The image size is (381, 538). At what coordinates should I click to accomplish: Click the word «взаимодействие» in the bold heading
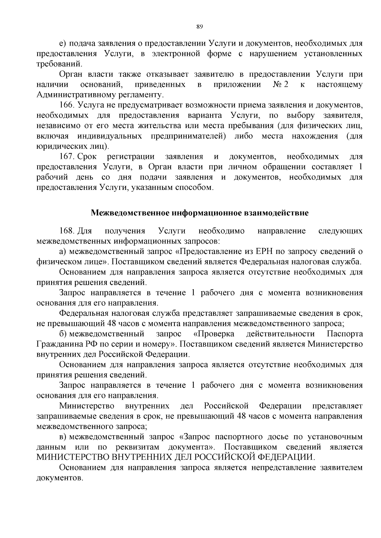pos(276,213)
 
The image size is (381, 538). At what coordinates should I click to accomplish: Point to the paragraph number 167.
pos(66,157)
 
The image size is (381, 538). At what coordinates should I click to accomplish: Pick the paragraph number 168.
pos(66,231)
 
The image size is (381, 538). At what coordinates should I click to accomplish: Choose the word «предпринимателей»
pos(190,136)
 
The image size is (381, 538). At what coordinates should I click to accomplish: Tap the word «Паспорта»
pos(345,334)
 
